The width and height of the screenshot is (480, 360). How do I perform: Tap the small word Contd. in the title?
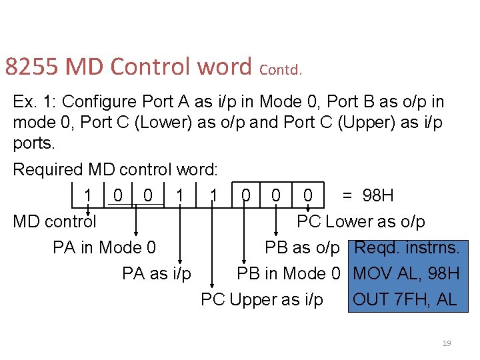pos(281,69)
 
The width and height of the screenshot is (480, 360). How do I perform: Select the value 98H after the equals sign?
pos(378,195)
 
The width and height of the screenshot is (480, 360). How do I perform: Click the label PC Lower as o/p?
pos(361,221)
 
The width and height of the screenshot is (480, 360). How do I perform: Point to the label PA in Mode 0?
pos(105,248)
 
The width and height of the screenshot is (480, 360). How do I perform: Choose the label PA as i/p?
pos(157,273)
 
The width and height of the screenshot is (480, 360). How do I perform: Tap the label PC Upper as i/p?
pos(262,299)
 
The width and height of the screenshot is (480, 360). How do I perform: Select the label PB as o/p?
pos(302,248)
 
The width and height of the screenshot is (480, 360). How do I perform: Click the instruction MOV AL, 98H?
pos(407,273)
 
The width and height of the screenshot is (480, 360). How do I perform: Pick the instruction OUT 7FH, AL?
pos(405,299)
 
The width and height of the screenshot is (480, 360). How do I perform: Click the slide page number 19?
pos(447,343)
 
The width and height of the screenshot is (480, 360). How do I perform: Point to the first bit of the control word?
pos(88,195)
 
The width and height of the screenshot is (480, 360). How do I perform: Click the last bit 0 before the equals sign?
pos(308,195)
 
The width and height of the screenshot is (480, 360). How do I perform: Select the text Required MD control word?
pos(115,170)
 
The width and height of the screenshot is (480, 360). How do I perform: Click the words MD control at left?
pos(55,221)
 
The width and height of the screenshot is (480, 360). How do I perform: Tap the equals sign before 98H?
pos(347,195)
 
